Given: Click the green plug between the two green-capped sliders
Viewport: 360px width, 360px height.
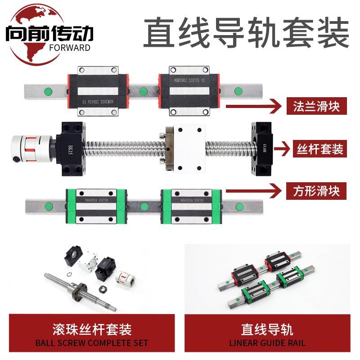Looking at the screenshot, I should click(144, 207).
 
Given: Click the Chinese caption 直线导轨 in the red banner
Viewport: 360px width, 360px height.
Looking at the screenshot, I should click(267, 330).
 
